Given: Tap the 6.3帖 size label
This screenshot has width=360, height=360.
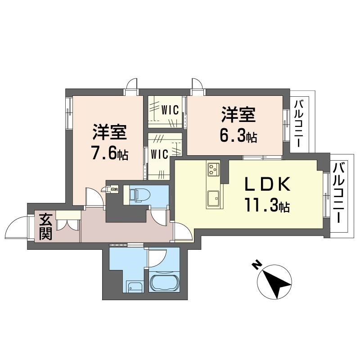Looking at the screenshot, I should (x=238, y=136).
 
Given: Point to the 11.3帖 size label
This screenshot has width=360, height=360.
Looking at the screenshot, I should (x=267, y=207).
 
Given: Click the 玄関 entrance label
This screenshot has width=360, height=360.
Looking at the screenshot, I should (x=45, y=227).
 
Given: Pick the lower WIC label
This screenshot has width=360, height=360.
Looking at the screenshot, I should (x=159, y=154).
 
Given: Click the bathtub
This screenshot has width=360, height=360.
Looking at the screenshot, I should (x=164, y=283).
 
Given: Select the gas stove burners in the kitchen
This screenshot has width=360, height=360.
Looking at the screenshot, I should (x=212, y=170).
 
